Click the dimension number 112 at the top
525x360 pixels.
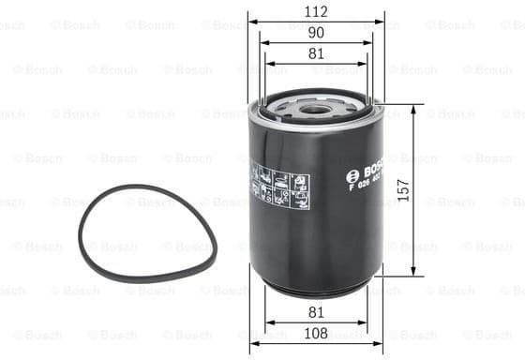coord(316,11)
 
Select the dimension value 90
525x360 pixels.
coord(316,33)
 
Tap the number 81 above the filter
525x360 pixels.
coord(316,54)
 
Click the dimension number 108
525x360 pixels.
coord(316,333)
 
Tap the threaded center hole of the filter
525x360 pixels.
coord(316,108)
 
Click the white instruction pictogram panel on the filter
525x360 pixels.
coord(279,187)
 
